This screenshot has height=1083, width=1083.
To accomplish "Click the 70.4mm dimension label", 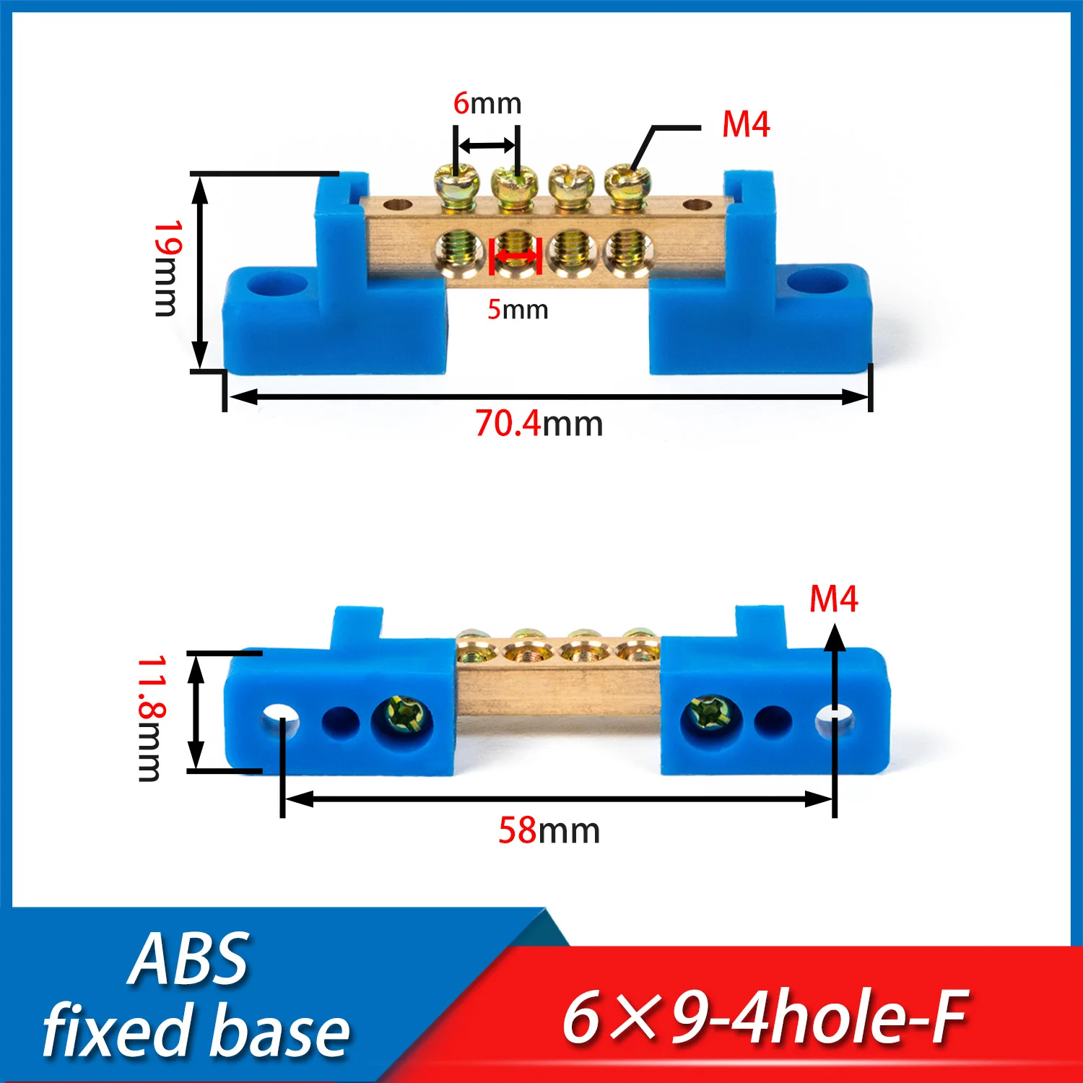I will [x=539, y=424].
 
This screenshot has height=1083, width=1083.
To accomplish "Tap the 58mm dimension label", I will [x=549, y=831].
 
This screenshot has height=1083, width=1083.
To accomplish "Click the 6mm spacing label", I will [x=487, y=103].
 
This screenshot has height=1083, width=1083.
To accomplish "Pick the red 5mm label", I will [x=518, y=310].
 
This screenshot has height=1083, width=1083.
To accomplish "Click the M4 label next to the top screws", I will [x=746, y=125].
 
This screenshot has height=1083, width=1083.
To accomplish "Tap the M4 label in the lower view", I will [x=833, y=599].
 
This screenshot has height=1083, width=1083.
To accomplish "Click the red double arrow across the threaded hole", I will [x=516, y=256].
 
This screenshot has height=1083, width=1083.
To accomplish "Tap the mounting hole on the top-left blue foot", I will [x=277, y=284].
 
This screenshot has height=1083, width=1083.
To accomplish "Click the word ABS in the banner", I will [x=189, y=960].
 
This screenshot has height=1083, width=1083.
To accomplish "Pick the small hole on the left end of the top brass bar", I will [x=394, y=205].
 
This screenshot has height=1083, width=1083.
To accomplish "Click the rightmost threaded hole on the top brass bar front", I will [x=627, y=250].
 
